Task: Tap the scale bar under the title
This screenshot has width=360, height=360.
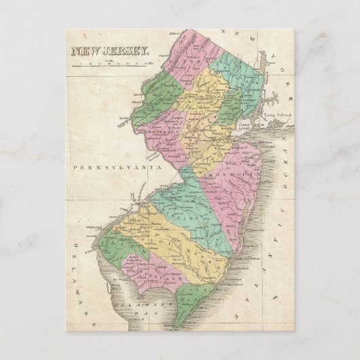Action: pyautogui.click(x=108, y=64)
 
